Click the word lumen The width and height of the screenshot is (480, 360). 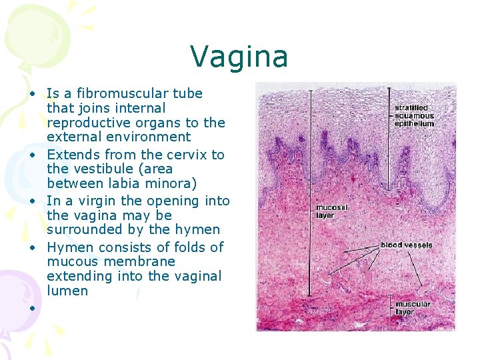[x=67, y=291]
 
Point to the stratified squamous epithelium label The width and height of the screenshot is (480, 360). [x=413, y=115]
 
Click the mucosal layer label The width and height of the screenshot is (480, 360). [x=331, y=211]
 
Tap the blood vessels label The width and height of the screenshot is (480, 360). [x=406, y=245]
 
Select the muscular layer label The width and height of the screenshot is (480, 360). [x=413, y=308]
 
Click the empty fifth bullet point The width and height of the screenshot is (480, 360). [x=31, y=307]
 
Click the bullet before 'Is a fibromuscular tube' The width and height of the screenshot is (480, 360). [x=31, y=94]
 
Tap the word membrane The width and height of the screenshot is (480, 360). [x=143, y=261]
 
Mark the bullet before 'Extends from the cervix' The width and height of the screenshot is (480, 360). [x=31, y=155]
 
